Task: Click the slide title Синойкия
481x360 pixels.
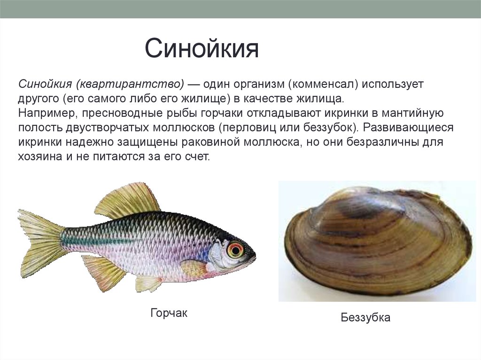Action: click(x=202, y=49)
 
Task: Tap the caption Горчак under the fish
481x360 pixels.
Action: click(x=169, y=313)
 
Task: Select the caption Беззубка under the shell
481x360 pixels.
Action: click(x=365, y=318)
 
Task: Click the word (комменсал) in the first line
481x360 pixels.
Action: click(x=324, y=85)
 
